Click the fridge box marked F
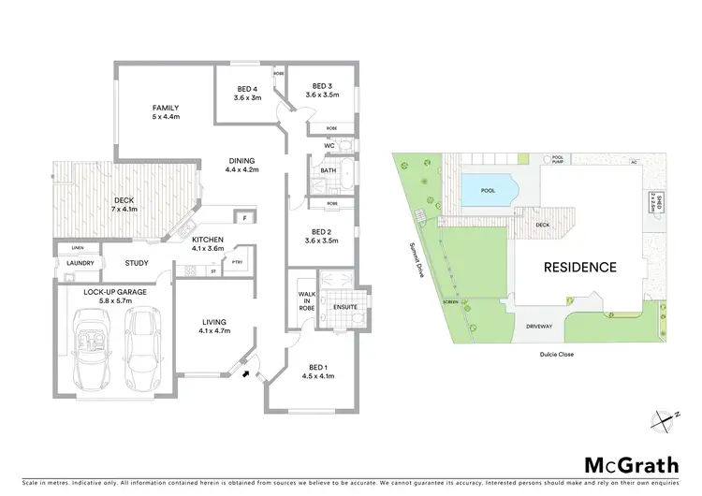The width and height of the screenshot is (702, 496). click(243, 217)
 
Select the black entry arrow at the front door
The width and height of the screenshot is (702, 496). click(245, 374)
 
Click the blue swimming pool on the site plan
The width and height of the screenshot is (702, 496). click(489, 190)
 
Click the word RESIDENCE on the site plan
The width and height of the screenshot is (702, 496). click(580, 267)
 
